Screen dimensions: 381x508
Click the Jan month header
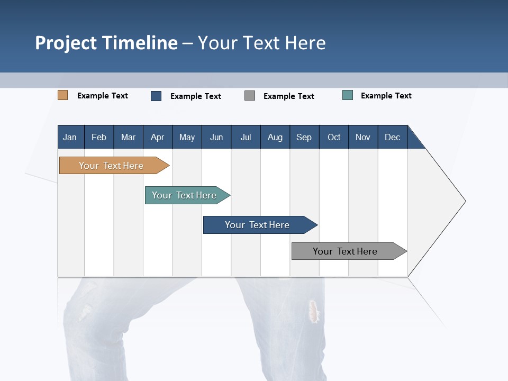70,137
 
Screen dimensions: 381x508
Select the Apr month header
158,137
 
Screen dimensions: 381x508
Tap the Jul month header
246,137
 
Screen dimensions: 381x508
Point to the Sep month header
304,137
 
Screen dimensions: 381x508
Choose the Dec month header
392,137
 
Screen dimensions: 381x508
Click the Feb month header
99,137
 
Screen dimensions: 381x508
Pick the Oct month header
334,137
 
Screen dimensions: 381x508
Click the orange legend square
62,95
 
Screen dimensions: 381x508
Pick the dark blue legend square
156,96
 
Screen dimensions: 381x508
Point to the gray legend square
250,96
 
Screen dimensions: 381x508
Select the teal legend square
348,95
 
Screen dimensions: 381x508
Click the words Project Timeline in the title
106,43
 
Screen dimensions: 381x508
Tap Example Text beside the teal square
386,96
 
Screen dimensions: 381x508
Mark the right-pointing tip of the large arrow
464,201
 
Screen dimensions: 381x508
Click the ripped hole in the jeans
314,311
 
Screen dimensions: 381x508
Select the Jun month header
216,137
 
